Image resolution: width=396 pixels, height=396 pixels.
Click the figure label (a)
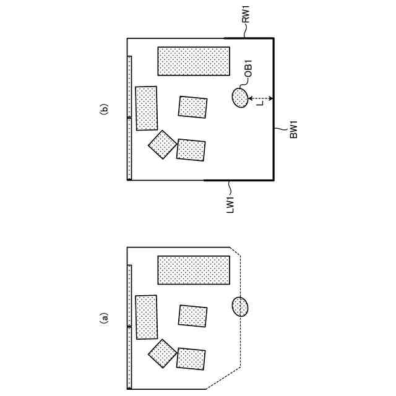(105, 318)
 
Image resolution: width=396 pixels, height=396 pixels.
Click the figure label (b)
(105, 109)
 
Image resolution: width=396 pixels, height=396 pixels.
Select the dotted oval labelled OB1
(239, 98)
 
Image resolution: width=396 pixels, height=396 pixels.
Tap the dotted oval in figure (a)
(239, 306)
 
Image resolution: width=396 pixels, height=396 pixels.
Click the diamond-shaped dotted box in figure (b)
(162, 144)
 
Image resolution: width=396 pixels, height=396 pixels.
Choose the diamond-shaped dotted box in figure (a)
(162, 353)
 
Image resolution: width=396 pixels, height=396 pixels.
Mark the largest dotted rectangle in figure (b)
(194, 62)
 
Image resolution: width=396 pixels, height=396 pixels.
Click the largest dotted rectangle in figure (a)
(194, 270)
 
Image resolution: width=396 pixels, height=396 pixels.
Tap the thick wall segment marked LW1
(239, 180)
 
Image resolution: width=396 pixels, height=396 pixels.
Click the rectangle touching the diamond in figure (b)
(191, 150)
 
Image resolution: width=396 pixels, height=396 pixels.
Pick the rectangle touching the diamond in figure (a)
(191, 359)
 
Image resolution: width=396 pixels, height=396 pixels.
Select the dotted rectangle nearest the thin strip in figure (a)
(147, 317)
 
